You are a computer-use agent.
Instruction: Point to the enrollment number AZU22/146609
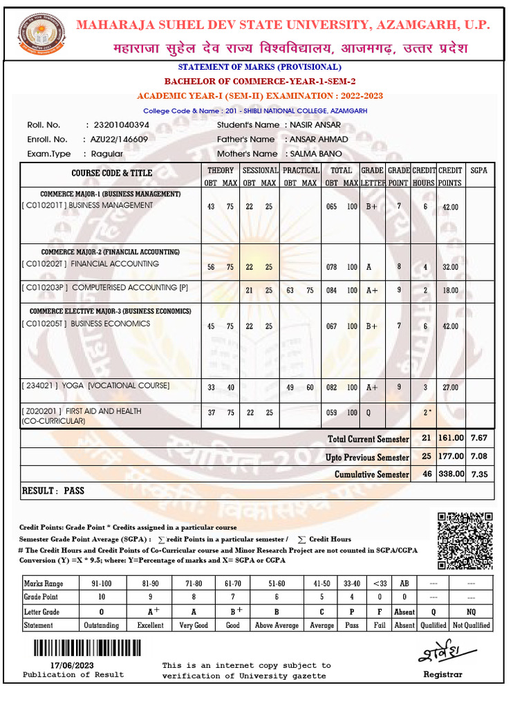coord(119,139)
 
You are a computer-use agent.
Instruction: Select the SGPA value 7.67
coord(478,438)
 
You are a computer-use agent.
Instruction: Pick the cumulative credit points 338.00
coord(450,475)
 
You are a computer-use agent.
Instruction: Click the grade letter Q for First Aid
coord(370,413)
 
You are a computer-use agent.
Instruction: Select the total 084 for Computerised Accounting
coord(333,290)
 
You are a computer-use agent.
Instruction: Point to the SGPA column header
coord(478,169)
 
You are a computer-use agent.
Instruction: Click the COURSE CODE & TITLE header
coord(111,173)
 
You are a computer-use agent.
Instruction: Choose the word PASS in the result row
coord(74,490)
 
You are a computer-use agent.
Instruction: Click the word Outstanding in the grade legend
coord(101,625)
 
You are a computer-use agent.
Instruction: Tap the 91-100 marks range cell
coord(101,583)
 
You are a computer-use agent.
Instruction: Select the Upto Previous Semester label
coord(367,457)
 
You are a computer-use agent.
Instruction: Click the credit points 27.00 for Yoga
coord(450,388)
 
